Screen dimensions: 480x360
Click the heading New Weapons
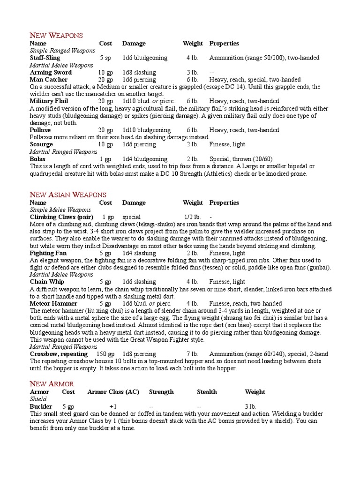coord(56,35)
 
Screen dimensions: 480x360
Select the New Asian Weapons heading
coord(68,195)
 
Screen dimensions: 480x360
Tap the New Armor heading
coord(52,383)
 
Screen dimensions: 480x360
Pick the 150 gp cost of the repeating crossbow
coord(105,354)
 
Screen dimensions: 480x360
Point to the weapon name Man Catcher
coord(49,80)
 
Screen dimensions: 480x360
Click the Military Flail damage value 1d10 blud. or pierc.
coord(148,101)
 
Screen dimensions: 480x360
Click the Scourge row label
coord(41,144)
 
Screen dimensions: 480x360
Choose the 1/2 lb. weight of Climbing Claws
coord(192,217)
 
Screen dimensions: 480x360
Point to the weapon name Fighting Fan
coord(48,253)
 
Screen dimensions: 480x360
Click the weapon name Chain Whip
coord(47,282)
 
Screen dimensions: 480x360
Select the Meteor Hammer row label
coord(53,303)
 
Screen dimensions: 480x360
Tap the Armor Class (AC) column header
coord(113,391)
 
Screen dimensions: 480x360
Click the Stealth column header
coord(207,391)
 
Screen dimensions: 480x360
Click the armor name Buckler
coord(41,406)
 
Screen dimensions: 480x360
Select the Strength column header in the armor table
coord(161,391)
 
